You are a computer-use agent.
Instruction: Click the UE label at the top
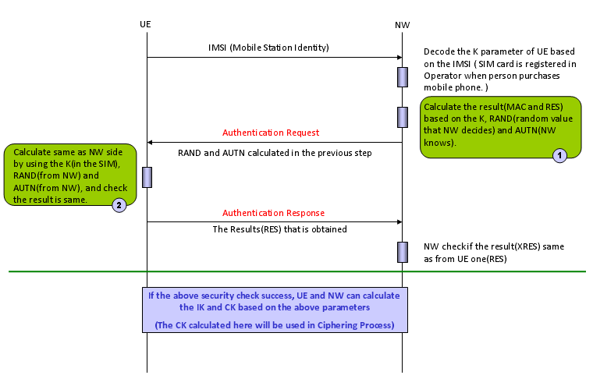[x=145, y=24]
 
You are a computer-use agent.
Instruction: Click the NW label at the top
[x=402, y=25]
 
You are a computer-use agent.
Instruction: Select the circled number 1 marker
[x=559, y=154]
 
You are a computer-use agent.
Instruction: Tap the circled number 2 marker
[x=118, y=205]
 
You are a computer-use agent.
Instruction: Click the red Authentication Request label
[x=271, y=133]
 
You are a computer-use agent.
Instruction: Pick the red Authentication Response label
[x=273, y=212]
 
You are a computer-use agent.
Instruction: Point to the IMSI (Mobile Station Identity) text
[x=268, y=48]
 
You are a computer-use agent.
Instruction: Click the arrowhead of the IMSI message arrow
[x=398, y=57]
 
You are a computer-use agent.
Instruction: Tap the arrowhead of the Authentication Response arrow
[x=398, y=221]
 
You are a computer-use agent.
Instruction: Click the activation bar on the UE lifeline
[x=147, y=177]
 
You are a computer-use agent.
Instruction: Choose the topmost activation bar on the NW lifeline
[x=403, y=77]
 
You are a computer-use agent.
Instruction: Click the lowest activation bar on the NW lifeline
[x=403, y=252]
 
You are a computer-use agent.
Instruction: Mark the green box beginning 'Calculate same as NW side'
[x=70, y=174]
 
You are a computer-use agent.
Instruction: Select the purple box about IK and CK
[x=274, y=309]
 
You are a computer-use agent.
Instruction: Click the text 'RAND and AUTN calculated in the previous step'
[x=274, y=153]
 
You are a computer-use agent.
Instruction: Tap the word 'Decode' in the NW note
[x=439, y=51]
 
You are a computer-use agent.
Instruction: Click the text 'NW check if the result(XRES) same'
[x=493, y=246]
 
